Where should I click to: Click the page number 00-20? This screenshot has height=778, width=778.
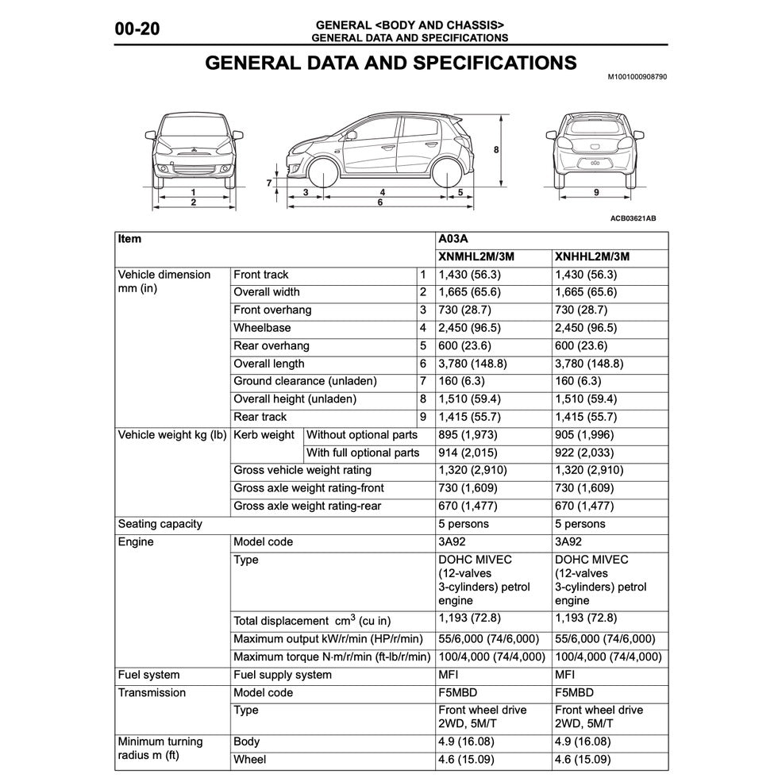[x=137, y=29]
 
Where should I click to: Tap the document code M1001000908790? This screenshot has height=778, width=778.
[x=637, y=77]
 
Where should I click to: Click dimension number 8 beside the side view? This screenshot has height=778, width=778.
[x=495, y=149]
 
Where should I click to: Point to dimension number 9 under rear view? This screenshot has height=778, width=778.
[x=596, y=192]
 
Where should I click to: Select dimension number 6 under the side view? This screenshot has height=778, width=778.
[x=380, y=202]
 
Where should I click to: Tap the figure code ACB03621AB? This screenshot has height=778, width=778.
[x=633, y=218]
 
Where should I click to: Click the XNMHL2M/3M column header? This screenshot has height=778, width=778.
[x=475, y=256]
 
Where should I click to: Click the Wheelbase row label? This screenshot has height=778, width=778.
[x=262, y=328]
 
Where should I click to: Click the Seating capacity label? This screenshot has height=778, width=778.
[x=160, y=524]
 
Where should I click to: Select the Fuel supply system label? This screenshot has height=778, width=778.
[x=283, y=675]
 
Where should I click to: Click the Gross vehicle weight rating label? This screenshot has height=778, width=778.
[x=302, y=470]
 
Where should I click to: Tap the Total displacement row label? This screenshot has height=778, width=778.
[x=312, y=620]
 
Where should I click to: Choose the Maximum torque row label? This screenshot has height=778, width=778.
[x=332, y=657]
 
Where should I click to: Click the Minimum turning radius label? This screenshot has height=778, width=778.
[x=160, y=748]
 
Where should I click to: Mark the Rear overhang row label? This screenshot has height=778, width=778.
[x=272, y=345]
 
